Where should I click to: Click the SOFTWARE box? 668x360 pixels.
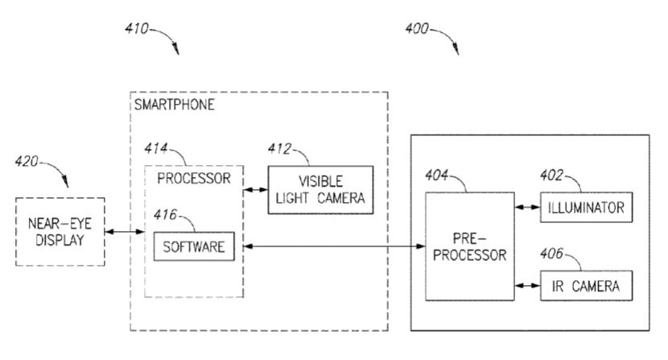(x=194, y=245)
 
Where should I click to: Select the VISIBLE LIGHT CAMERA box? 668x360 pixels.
(x=320, y=190)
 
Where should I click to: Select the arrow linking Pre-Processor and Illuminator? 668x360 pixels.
(x=525, y=208)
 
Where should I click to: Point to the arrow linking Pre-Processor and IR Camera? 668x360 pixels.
(x=525, y=285)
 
